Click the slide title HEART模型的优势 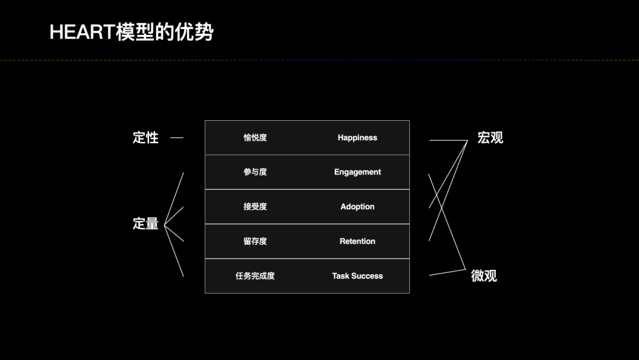(x=131, y=32)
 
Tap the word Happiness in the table (x=357, y=138)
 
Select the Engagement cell (x=357, y=172)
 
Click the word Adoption (x=357, y=207)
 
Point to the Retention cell (x=357, y=242)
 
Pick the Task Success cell (x=357, y=276)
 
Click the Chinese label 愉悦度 (x=255, y=138)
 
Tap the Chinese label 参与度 (x=255, y=172)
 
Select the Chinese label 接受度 (x=255, y=207)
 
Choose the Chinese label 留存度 (x=255, y=242)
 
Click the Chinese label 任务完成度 (x=255, y=276)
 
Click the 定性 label (x=146, y=138)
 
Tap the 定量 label (x=146, y=224)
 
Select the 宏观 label (x=490, y=138)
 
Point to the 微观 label (x=484, y=276)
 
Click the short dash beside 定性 (x=177, y=138)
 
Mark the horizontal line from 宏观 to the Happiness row (x=448, y=140)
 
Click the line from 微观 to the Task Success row (x=447, y=272)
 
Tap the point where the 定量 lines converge (x=164, y=225)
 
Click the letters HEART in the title (x=82, y=32)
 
